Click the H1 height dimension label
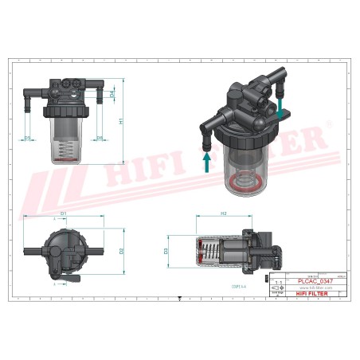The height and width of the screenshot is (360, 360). pos(120,122)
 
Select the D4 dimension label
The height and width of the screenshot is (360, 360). pos(112,95)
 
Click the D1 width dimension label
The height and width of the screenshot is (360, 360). pos(63,213)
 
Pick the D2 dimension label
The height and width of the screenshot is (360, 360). pos(121,250)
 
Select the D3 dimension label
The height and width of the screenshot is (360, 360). pos(166,251)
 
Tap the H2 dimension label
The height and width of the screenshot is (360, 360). pos(224,213)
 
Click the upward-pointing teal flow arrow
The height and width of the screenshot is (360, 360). pos(206,162)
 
